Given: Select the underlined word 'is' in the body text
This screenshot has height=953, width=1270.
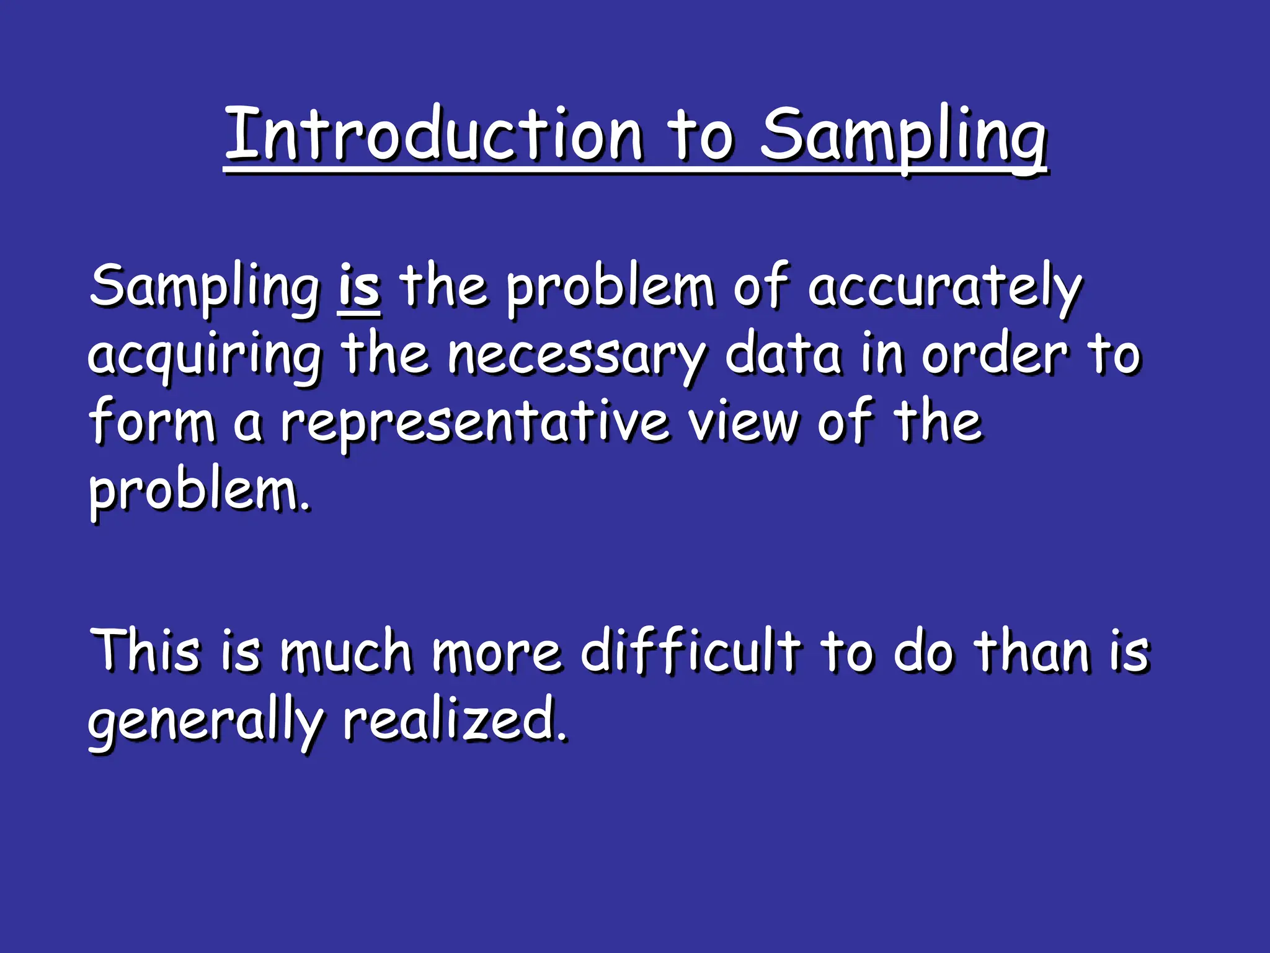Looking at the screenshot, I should coord(359,287).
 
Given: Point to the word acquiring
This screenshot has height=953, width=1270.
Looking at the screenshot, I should coord(205,357).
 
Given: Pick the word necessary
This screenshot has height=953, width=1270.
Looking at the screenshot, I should coord(576,357).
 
